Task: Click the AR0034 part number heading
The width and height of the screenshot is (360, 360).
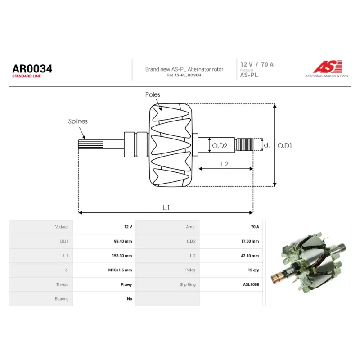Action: tap(32, 69)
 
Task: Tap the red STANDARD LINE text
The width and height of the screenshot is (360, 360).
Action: tap(27, 76)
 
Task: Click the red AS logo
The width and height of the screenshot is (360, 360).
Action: tap(328, 67)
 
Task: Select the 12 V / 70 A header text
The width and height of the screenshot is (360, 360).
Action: tap(256, 64)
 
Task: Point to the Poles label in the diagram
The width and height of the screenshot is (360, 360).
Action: tap(153, 94)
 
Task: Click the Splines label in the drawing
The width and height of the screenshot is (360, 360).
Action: tap(78, 121)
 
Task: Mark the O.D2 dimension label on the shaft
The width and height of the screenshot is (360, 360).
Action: tap(220, 145)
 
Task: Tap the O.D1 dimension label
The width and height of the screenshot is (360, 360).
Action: tap(285, 145)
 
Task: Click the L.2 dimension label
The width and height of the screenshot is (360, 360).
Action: tap(224, 164)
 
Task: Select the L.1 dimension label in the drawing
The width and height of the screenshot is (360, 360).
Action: tap(166, 207)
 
